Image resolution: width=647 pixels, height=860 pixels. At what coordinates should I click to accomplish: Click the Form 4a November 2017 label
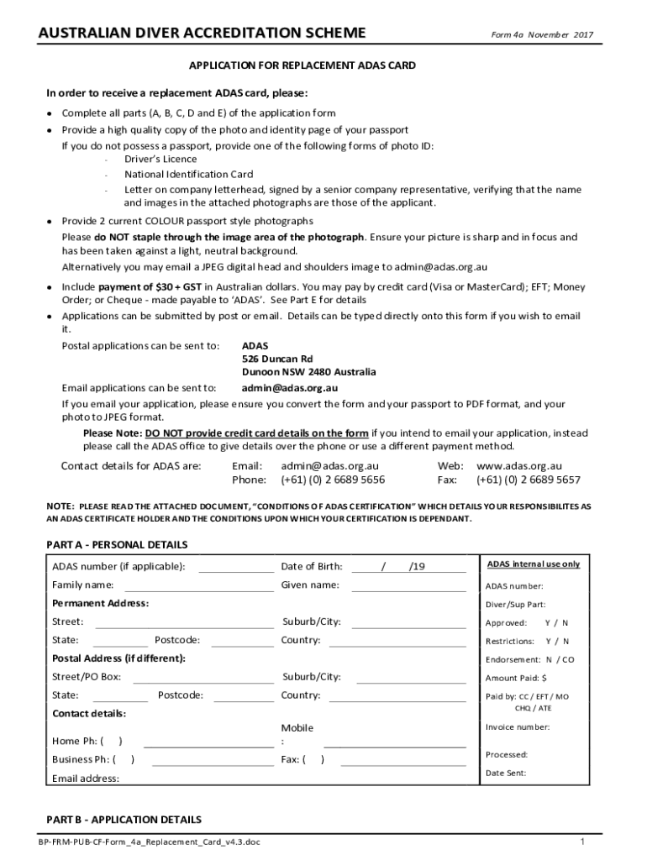coord(542,34)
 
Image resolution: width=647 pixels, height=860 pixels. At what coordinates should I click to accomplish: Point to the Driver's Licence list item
coord(160,159)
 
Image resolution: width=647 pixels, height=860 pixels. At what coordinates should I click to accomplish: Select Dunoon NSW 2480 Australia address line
coord(308,372)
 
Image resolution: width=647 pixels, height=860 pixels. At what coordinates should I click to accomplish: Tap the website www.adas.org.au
coord(518,466)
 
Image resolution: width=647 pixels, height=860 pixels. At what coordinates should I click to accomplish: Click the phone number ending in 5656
coord(333,480)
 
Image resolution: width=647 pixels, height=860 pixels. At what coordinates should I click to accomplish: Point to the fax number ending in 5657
coord(528,480)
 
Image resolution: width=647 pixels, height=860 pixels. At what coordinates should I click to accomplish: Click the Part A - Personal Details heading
coord(117,545)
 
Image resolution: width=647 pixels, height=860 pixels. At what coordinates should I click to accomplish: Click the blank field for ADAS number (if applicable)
coord(235,567)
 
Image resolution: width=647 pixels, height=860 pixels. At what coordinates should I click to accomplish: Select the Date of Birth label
coord(311,566)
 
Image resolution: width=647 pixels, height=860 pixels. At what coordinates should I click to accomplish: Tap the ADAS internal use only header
coord(534,564)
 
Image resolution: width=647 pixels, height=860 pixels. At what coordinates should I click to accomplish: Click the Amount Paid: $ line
coord(516,678)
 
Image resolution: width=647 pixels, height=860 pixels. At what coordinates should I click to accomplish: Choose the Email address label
coord(85,778)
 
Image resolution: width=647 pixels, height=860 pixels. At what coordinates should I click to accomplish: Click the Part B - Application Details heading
coord(124,819)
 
